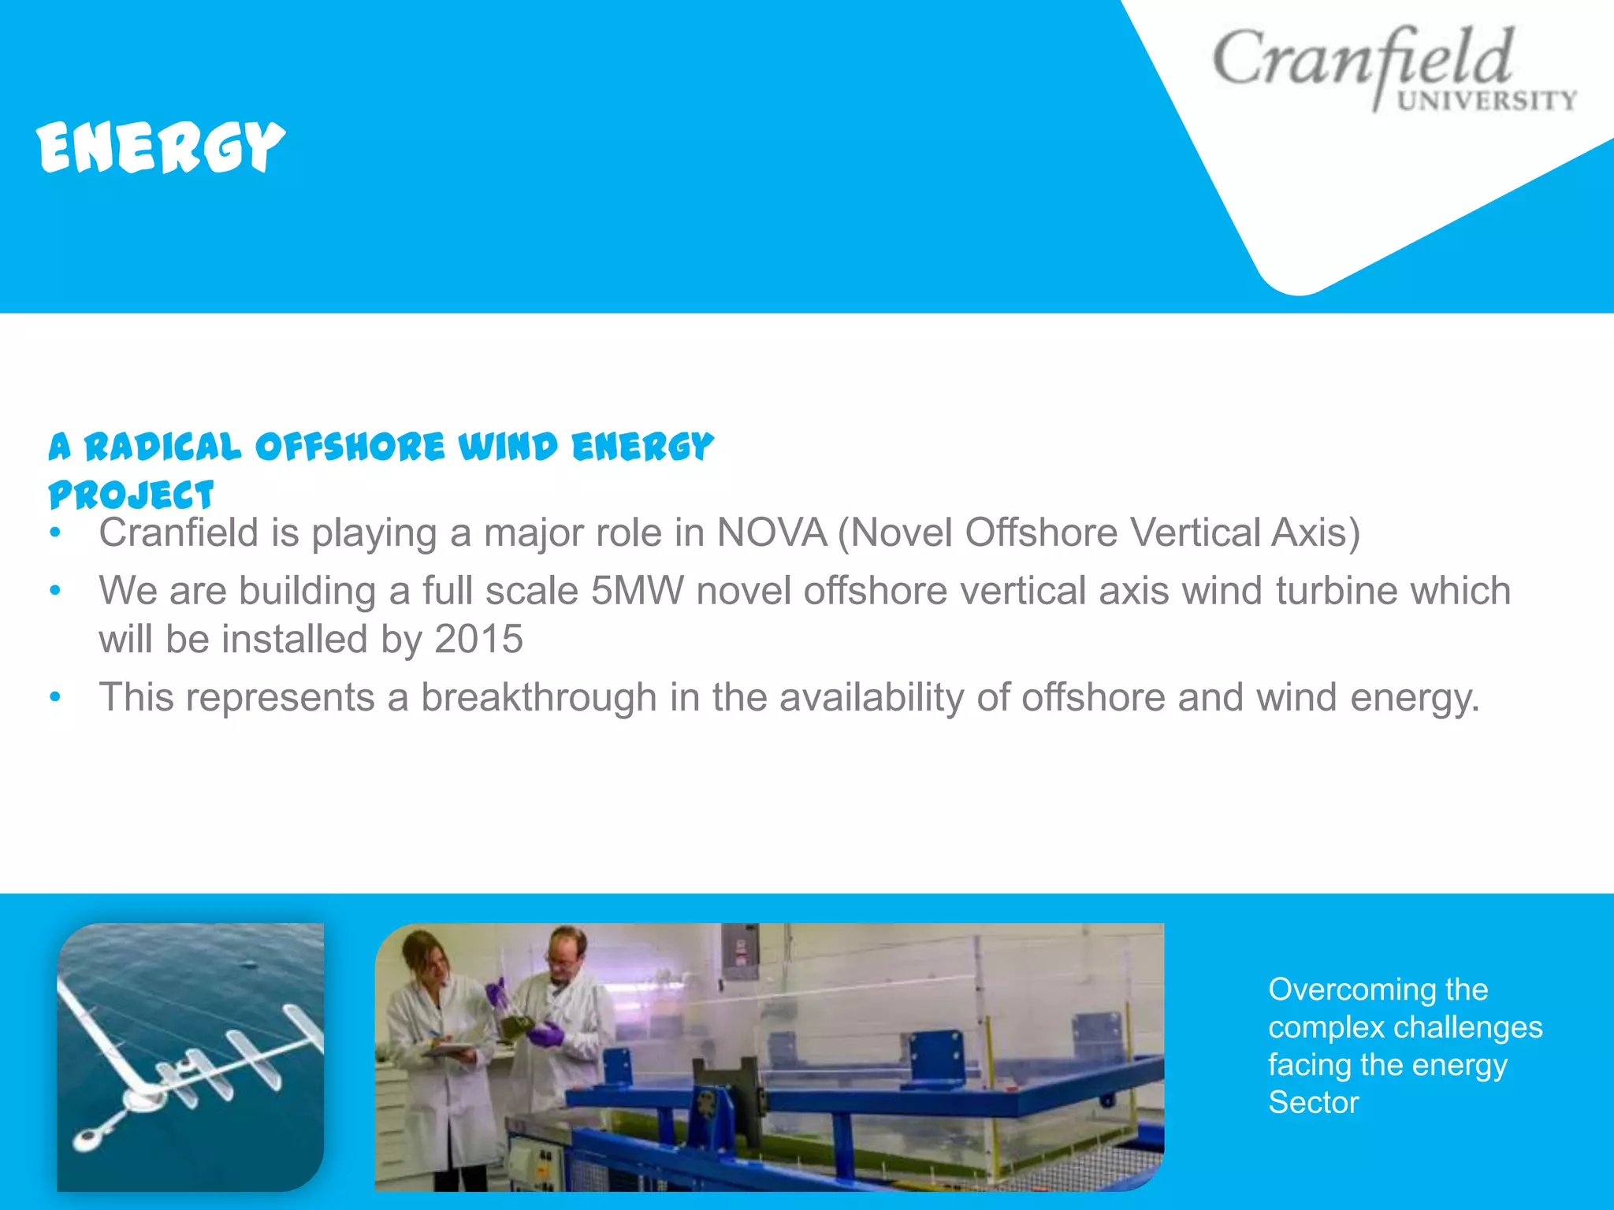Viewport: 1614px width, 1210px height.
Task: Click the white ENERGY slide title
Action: [161, 147]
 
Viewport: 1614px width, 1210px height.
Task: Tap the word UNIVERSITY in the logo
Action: [1486, 101]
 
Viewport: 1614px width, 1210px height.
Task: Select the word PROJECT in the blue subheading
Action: [132, 496]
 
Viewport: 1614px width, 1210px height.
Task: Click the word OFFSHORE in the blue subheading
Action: [350, 447]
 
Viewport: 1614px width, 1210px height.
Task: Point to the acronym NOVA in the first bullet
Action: [772, 533]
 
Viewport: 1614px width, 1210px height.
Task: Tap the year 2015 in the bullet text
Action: [478, 639]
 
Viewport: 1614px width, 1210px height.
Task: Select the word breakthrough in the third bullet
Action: [538, 698]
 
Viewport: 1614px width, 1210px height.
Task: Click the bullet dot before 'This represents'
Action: [55, 697]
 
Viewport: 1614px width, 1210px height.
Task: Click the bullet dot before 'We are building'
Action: [55, 590]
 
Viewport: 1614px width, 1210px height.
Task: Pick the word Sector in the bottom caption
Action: [1313, 1102]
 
